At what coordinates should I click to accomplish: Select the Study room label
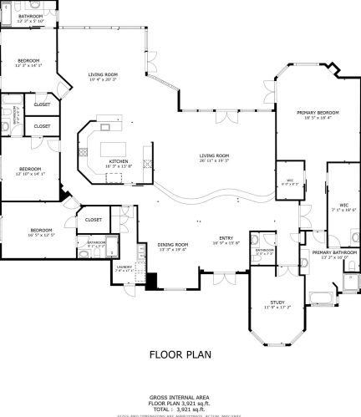(278, 302)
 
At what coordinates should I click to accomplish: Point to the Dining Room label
(173, 244)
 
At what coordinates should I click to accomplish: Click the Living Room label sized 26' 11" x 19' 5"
(215, 155)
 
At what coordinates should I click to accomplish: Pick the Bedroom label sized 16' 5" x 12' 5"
(42, 230)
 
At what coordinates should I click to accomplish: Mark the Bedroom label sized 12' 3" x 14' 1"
(29, 60)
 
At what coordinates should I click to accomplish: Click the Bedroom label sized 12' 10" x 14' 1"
(30, 169)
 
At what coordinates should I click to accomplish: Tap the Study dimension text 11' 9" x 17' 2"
(278, 308)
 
